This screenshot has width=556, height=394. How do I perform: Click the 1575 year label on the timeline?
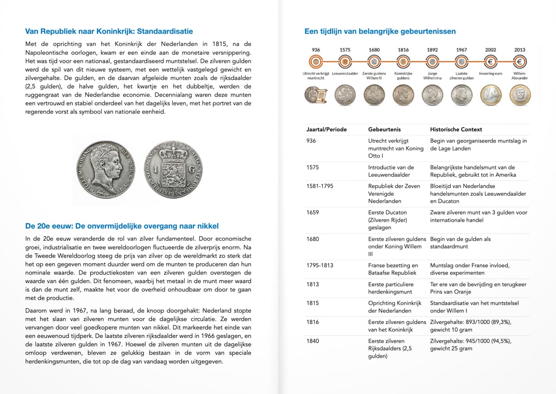tap(345, 50)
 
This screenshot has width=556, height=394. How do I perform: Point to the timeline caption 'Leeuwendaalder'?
tap(345, 74)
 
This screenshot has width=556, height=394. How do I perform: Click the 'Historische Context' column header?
tap(456, 130)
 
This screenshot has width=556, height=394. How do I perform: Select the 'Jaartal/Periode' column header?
tap(327, 130)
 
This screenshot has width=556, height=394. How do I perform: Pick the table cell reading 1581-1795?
tap(319, 186)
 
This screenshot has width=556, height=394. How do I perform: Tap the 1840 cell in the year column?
tap(313, 341)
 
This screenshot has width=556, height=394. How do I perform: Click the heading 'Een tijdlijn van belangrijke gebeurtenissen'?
tap(380, 31)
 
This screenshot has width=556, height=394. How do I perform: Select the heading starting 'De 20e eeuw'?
tap(122, 226)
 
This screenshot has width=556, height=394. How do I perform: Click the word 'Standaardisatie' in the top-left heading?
tap(165, 31)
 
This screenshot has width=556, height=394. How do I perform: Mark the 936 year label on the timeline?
tap(316, 50)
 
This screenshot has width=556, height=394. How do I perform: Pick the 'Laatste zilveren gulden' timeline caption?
tap(461, 76)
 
